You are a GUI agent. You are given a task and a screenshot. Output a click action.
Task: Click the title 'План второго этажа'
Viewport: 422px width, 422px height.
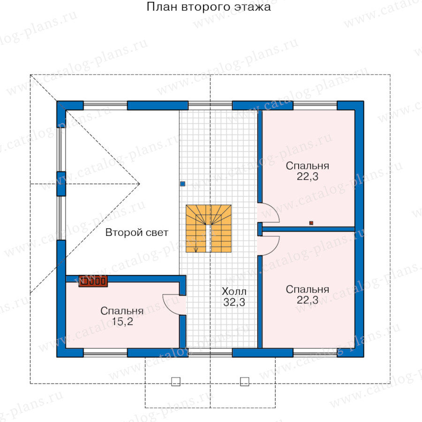(209, 7)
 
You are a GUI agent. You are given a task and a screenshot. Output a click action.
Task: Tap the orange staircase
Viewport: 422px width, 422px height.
(209, 228)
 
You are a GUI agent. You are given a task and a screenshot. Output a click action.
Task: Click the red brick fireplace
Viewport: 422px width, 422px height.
(93, 281)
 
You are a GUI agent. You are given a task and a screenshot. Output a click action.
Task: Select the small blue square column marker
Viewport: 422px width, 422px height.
(182, 184)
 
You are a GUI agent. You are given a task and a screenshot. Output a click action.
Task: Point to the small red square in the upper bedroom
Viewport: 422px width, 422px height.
(311, 223)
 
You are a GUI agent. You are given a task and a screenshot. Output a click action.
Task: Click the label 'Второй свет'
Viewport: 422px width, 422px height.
(137, 232)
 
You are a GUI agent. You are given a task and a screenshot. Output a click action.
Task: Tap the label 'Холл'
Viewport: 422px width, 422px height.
(234, 291)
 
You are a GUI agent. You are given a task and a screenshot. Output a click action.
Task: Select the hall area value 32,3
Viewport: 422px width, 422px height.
(234, 302)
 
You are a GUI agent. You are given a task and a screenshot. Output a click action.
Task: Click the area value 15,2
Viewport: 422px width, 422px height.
(122, 321)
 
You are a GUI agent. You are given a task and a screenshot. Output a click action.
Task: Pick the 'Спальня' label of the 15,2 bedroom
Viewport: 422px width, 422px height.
(122, 311)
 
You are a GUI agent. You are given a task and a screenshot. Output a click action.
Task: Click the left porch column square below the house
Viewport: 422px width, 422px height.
(176, 381)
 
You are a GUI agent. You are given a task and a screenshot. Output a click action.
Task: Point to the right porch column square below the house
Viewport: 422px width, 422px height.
(244, 381)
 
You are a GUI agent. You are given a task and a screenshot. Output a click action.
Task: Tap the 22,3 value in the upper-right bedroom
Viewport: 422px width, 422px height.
(307, 177)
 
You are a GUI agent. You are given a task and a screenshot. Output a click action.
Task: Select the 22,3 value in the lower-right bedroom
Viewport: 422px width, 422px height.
(307, 300)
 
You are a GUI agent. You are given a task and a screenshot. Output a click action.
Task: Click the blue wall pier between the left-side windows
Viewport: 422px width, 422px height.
(61, 184)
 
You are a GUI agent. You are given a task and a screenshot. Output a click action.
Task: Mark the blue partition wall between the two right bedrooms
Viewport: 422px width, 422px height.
(309, 229)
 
